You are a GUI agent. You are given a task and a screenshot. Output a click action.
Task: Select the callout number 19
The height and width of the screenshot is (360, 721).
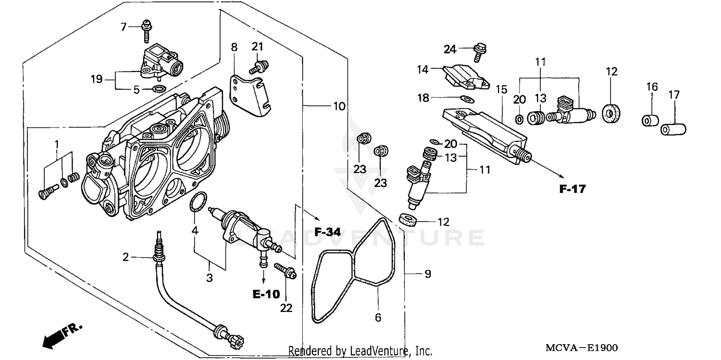(x=97, y=79)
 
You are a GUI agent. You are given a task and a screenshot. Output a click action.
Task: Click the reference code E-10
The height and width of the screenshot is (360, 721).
(x=267, y=294)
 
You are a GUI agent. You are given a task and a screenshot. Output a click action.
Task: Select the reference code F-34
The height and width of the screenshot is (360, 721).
(x=327, y=232)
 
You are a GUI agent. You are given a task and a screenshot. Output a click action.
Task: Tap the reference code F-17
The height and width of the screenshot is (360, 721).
(x=572, y=189)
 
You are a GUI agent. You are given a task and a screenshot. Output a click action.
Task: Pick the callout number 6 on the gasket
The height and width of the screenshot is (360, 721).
(x=378, y=317)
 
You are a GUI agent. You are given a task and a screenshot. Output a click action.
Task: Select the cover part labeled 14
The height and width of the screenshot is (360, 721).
(x=464, y=76)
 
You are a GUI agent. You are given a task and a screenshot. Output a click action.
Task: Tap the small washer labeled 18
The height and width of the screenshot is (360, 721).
(x=466, y=99)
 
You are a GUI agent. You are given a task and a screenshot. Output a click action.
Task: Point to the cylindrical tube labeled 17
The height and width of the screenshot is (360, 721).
(x=673, y=129)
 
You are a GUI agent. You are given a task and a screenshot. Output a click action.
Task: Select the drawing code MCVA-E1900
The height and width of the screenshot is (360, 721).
(x=582, y=348)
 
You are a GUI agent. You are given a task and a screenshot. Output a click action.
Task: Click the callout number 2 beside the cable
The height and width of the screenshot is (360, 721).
(x=126, y=257)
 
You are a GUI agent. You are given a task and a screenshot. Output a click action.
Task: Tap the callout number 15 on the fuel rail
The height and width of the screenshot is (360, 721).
(x=501, y=89)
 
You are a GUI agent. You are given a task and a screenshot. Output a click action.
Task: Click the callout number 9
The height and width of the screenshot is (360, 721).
(x=427, y=274)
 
